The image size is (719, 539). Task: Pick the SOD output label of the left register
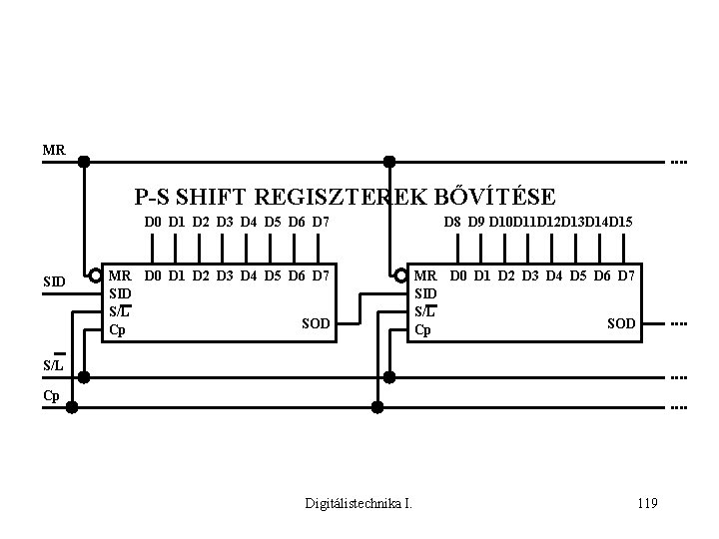(316, 323)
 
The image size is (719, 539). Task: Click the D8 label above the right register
(453, 221)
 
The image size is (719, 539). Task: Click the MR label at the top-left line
(53, 151)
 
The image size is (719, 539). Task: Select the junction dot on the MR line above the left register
(84, 161)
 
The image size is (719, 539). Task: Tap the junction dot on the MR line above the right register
(389, 161)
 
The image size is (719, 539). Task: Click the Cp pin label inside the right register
(422, 329)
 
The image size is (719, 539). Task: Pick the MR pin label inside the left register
(119, 273)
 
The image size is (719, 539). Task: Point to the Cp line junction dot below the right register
(377, 407)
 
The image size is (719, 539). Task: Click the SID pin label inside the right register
(425, 292)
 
